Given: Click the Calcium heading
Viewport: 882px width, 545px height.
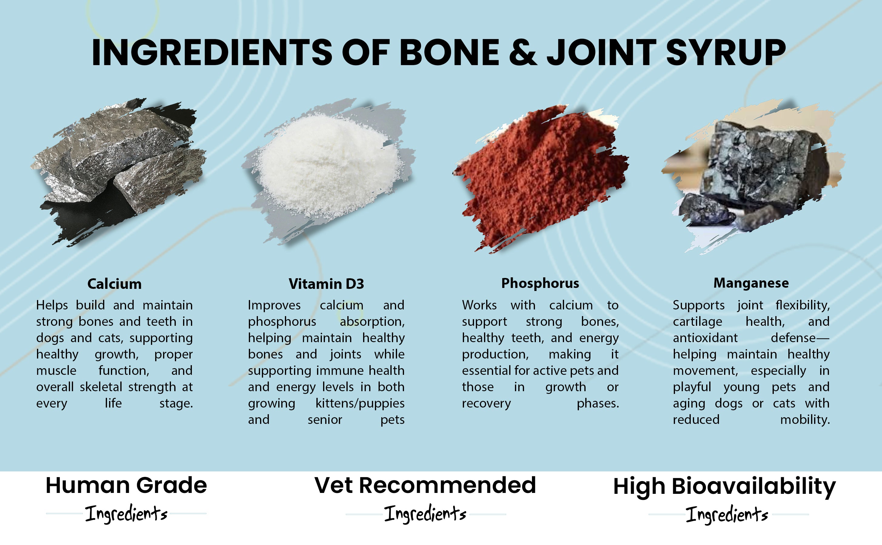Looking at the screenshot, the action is [x=114, y=284].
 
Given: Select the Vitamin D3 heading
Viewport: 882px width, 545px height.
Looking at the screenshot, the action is [x=326, y=284].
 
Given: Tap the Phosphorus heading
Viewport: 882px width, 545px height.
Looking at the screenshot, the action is [x=540, y=284].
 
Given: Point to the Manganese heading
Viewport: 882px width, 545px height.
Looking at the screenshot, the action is [x=751, y=283].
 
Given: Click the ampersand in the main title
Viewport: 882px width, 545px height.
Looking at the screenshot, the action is [x=523, y=52].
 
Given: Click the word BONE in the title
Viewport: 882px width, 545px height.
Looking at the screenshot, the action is [x=449, y=52].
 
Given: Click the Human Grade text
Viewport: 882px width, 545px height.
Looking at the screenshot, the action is [x=126, y=486].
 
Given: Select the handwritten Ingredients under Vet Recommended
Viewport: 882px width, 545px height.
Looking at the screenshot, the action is [x=425, y=514].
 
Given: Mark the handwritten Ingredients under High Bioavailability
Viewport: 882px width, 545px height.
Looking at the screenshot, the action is [x=727, y=514].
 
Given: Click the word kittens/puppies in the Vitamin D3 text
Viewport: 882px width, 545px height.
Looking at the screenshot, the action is [x=360, y=404].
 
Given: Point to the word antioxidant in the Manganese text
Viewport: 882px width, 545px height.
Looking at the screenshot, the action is [x=705, y=338].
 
